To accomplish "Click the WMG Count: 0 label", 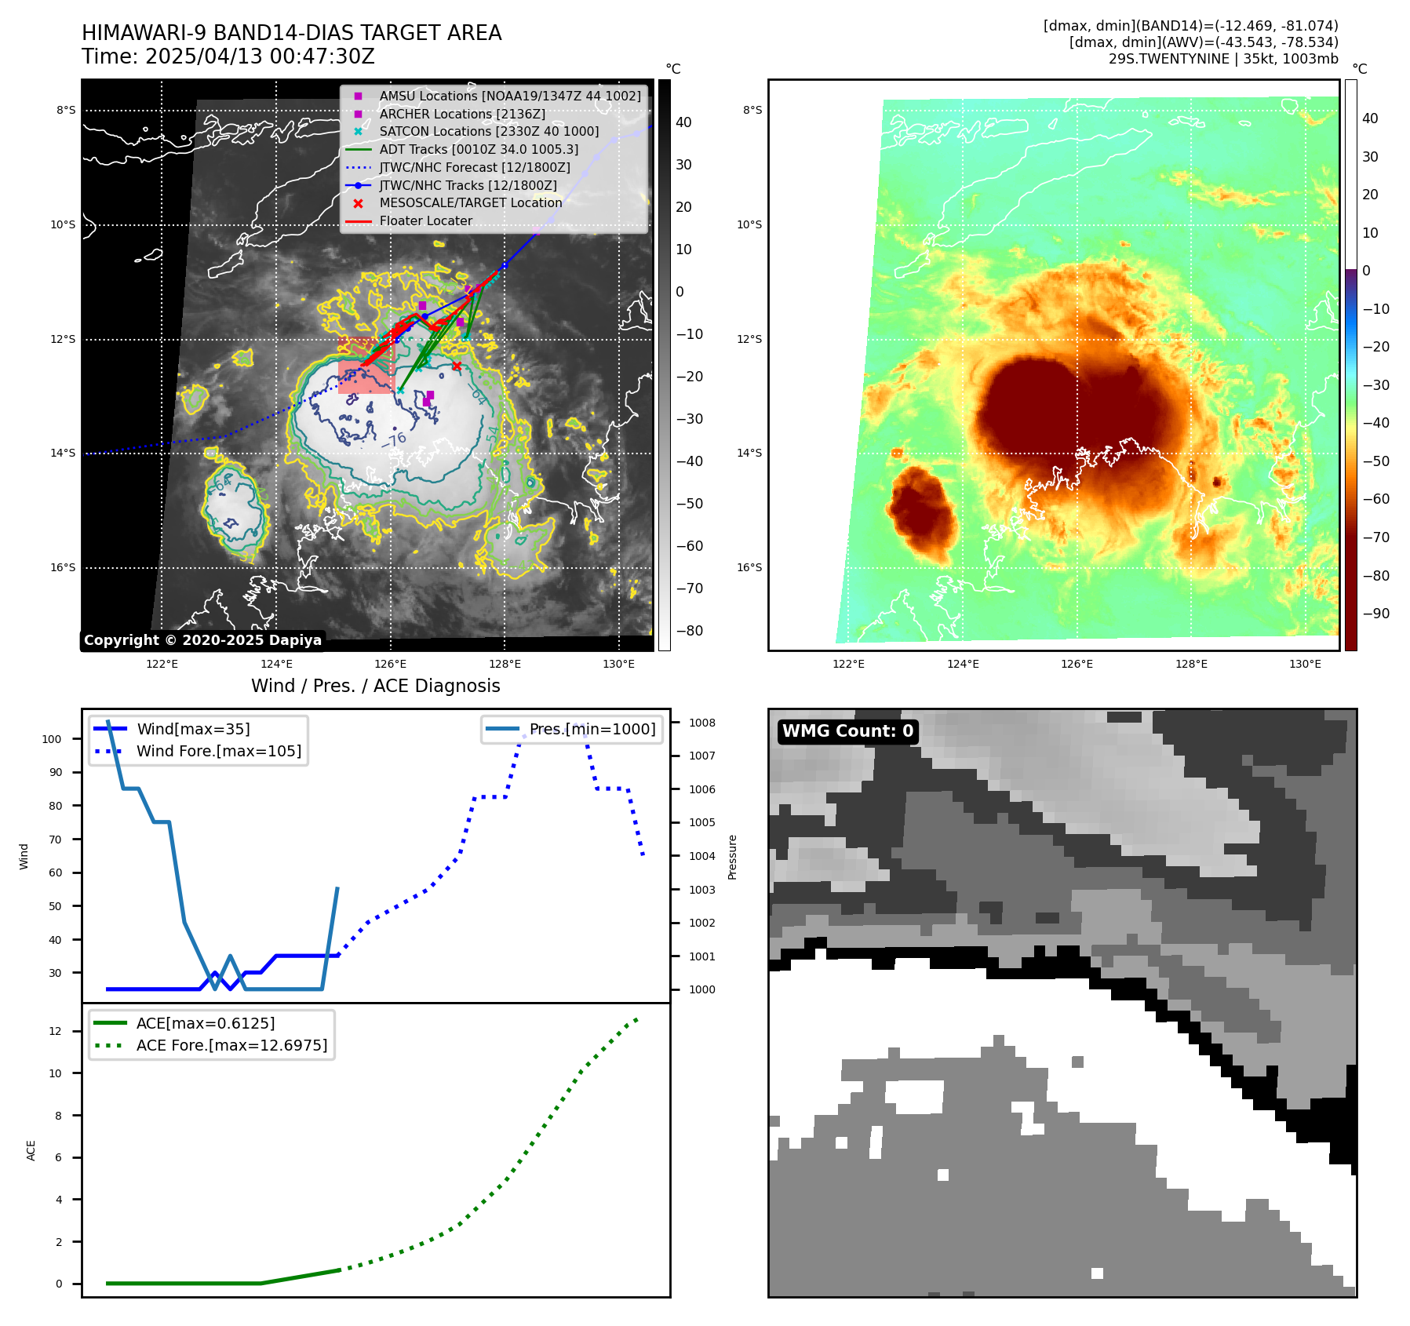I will (x=847, y=731).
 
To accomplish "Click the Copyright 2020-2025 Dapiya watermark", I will (x=202, y=640).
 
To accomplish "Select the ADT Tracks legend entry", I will (x=479, y=149).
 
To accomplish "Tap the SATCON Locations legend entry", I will (x=488, y=132).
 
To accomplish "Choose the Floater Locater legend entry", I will (x=425, y=221).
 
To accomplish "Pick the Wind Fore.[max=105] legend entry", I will (x=218, y=751).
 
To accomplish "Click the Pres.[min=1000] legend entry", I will (x=592, y=729).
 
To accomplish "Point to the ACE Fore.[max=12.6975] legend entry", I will (x=231, y=1045).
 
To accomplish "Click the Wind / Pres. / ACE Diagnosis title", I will (x=375, y=686).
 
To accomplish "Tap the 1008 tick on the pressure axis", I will (x=702, y=723).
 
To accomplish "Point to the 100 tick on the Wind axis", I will (x=52, y=739).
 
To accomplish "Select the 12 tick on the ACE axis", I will (x=55, y=1031).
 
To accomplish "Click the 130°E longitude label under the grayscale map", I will (x=618, y=665).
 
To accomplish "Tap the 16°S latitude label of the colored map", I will (x=749, y=567).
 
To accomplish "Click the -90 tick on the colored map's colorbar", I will (x=1375, y=614).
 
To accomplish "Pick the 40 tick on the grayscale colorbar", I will (x=683, y=122).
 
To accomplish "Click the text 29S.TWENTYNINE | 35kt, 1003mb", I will (x=1222, y=59).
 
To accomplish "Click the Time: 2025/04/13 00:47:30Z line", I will (x=228, y=56).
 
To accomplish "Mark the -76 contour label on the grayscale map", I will (x=394, y=439).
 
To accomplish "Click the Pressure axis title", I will (x=732, y=857).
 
